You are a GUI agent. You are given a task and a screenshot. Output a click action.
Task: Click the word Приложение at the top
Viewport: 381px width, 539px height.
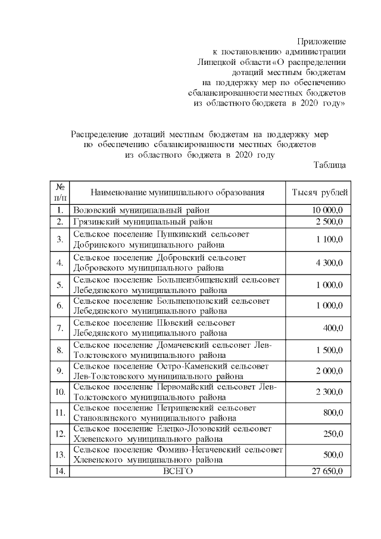(321, 41)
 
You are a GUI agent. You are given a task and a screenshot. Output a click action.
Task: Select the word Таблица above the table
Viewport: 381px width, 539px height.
(330, 165)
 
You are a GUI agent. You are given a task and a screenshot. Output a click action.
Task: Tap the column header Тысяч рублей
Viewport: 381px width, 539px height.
(320, 192)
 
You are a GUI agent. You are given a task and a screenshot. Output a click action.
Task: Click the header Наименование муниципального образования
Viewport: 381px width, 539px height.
(177, 192)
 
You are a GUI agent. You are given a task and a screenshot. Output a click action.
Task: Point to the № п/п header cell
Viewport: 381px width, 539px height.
(60, 192)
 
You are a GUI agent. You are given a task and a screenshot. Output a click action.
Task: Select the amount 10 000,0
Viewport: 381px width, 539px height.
(327, 210)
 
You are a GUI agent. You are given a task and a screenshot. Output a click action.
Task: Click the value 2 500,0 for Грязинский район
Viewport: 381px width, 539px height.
(329, 222)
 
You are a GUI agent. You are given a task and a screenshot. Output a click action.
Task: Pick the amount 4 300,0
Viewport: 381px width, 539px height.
(329, 262)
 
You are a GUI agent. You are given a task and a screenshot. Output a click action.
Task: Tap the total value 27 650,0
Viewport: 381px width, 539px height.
(327, 471)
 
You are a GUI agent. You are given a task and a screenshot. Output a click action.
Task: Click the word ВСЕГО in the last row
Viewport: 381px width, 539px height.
(178, 471)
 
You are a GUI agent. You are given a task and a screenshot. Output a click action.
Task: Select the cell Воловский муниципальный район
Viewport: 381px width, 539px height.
(141, 210)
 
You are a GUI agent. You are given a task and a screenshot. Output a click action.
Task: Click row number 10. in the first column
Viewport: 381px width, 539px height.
(60, 392)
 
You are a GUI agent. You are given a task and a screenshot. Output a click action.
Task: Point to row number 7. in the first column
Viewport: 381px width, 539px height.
(60, 328)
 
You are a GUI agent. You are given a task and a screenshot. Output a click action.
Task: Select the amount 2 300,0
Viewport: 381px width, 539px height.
(329, 392)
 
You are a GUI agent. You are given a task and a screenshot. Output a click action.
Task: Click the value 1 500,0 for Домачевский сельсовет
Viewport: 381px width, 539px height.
(329, 350)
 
